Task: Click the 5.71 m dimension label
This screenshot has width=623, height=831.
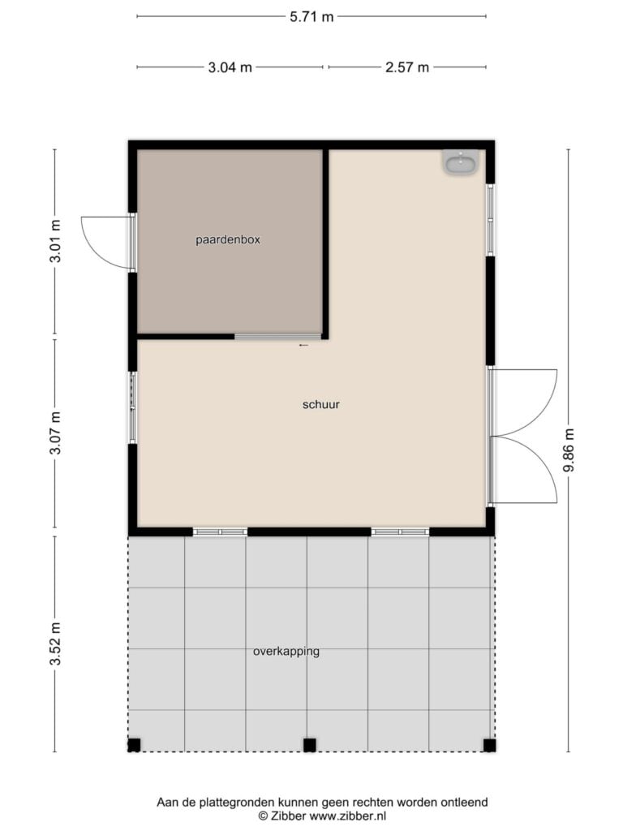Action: [x=311, y=17]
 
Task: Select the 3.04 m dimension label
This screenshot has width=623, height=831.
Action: [x=230, y=67]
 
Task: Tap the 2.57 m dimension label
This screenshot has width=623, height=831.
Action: [x=407, y=67]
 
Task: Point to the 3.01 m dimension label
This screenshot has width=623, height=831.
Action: [x=55, y=240]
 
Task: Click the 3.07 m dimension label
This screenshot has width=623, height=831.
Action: [x=55, y=433]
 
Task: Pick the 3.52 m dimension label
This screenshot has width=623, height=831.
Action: [x=55, y=644]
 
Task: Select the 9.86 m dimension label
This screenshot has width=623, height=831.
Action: [x=569, y=450]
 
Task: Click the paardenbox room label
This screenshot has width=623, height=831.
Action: [x=228, y=239]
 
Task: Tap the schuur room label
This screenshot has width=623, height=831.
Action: [x=321, y=404]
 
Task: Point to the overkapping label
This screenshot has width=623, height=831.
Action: [x=286, y=652]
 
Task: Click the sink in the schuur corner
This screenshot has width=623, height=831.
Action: [x=461, y=161]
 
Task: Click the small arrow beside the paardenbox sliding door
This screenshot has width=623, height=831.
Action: [x=303, y=345]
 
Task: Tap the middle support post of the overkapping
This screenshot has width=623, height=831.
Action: [x=309, y=745]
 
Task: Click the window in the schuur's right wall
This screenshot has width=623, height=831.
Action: [x=491, y=220]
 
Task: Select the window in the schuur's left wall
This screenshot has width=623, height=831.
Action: [x=132, y=407]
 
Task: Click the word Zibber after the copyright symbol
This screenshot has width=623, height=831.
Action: [x=288, y=816]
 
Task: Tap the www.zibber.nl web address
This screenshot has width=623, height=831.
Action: [x=347, y=816]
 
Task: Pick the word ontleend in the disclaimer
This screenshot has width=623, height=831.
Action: [x=466, y=803]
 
